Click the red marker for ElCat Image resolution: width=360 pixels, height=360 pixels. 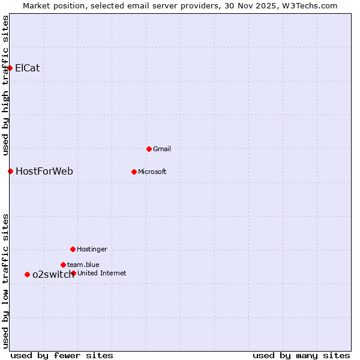point(10,68)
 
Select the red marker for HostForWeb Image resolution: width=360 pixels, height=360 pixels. point(10,172)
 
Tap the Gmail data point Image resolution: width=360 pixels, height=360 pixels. point(149,149)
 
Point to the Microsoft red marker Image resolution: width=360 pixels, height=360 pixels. point(134,172)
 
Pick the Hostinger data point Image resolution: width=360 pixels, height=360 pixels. point(73,249)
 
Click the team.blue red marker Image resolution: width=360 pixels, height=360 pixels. point(63,265)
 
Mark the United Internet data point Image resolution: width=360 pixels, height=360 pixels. point(73,273)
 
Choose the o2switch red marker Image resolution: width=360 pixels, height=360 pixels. point(27,275)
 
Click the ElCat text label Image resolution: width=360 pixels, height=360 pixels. point(28,68)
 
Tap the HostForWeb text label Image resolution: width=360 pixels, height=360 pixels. point(44,172)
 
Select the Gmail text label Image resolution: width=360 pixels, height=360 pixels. point(162,149)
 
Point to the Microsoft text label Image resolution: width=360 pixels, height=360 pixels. point(152,172)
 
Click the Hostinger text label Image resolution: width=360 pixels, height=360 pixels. point(92,249)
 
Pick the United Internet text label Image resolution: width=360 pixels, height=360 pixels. point(102,273)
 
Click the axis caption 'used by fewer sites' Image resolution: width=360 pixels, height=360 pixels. point(62,355)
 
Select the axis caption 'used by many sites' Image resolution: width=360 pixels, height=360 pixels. point(301,355)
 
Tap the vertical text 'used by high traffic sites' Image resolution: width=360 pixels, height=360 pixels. point(5,85)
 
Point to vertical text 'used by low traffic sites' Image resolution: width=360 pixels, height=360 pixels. point(5,281)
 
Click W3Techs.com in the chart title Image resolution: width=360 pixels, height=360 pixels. point(310,6)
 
